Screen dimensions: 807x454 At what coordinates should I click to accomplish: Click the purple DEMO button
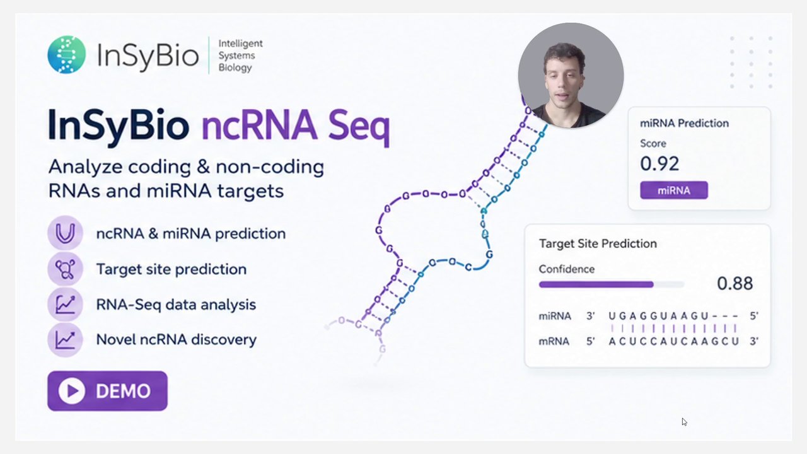(107, 391)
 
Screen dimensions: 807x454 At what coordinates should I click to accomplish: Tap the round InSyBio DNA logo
(67, 54)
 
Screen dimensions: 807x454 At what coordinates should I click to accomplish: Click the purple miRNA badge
(674, 190)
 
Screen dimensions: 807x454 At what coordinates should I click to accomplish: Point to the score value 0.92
(659, 163)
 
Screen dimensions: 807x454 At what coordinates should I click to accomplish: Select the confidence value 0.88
(734, 284)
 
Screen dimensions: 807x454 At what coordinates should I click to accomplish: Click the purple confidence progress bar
(596, 284)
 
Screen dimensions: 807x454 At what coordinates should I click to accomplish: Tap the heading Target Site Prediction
(598, 243)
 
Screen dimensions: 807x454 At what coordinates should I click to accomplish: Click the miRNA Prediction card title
(684, 123)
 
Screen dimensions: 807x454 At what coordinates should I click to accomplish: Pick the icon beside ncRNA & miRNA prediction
(65, 233)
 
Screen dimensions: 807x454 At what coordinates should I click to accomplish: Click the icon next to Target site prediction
(65, 269)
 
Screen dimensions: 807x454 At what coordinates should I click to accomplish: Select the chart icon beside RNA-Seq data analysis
(65, 305)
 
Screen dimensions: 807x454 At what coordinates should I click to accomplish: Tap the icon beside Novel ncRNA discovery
(65, 339)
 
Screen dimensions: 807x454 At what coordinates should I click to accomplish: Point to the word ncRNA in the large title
(259, 125)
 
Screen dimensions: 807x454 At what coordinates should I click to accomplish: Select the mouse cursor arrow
(685, 422)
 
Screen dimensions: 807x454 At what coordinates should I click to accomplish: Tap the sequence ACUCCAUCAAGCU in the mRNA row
(674, 341)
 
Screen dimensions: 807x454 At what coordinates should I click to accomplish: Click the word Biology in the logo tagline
(235, 68)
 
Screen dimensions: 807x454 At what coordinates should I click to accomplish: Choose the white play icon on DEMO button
(72, 391)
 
